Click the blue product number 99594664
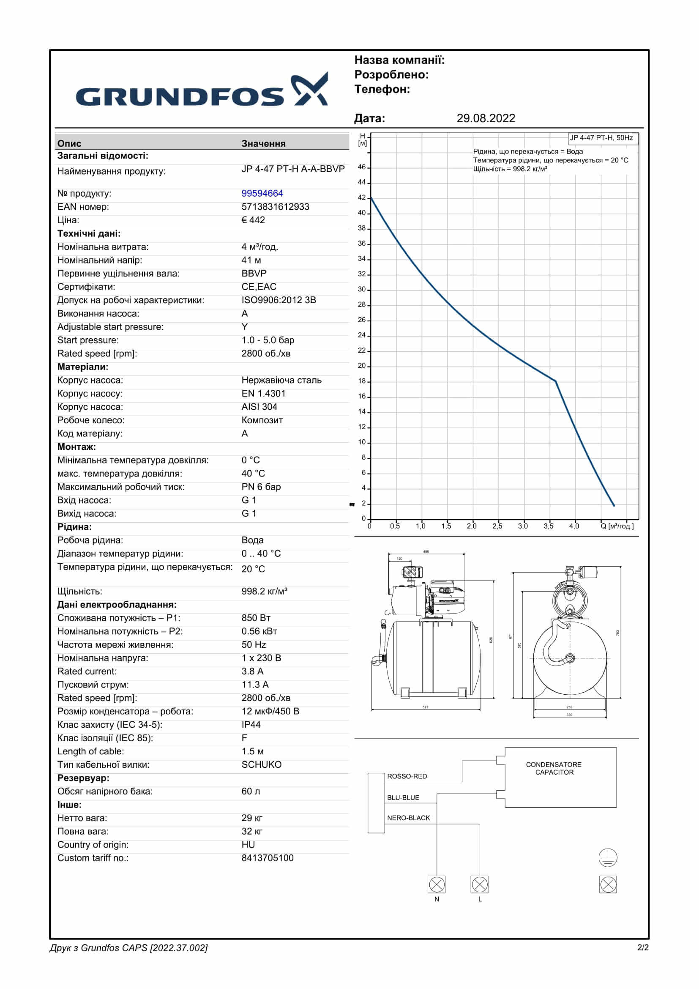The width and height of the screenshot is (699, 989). coord(262,193)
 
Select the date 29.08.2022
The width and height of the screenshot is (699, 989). coord(486,118)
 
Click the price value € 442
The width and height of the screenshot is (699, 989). coord(253,220)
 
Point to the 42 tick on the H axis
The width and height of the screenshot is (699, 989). coord(362,198)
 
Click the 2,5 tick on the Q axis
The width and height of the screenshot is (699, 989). coord(497,526)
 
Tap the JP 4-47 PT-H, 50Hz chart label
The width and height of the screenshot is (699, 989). coord(601,138)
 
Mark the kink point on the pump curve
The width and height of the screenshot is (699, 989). coord(556,381)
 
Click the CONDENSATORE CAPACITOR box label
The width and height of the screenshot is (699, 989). coord(554,768)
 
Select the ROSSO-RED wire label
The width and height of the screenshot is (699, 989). coord(407,776)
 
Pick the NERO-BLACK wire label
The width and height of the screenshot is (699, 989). coord(409,818)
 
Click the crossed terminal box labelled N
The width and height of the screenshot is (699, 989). coord(437,885)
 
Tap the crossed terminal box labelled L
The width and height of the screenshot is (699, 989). coord(480,885)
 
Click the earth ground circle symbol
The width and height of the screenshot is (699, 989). coord(608,858)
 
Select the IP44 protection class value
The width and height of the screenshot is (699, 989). coord(251,725)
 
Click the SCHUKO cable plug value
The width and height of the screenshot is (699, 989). coord(261,764)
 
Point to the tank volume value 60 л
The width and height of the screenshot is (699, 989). coord(251,791)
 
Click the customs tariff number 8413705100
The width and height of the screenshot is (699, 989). coord(267,858)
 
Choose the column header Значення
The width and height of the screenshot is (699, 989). coord(263,143)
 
